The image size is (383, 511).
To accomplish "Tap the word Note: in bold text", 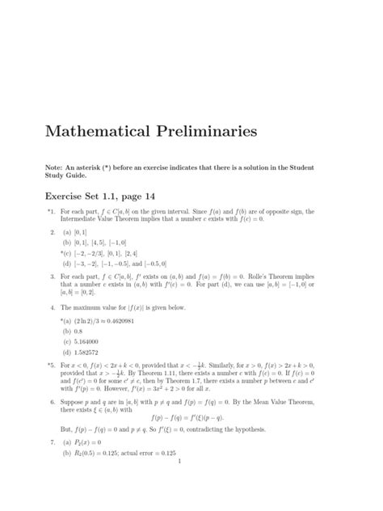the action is coord(57,167).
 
